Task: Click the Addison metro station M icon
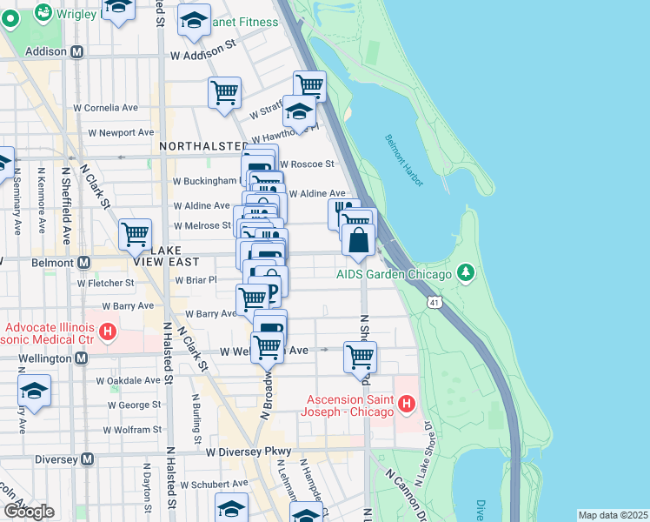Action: [x=77, y=52]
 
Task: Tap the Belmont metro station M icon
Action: [x=83, y=262]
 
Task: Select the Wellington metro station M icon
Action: [x=81, y=358]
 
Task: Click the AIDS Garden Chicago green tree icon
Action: [x=467, y=275]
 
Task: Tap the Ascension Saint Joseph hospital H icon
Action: [x=406, y=403]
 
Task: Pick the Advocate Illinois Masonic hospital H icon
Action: [x=108, y=331]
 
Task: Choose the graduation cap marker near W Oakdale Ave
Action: [x=34, y=391]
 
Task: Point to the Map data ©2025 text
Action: [x=612, y=515]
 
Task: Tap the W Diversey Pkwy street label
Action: [x=247, y=452]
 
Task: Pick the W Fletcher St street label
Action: [x=106, y=283]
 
